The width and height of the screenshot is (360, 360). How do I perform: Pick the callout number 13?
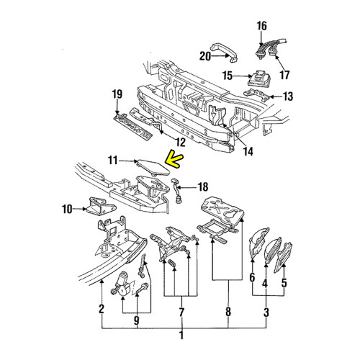coord(288,96)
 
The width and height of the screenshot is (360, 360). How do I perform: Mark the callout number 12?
coord(178,143)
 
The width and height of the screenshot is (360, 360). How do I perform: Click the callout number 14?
coord(248,150)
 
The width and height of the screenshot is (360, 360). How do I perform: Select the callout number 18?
coord(202,186)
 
